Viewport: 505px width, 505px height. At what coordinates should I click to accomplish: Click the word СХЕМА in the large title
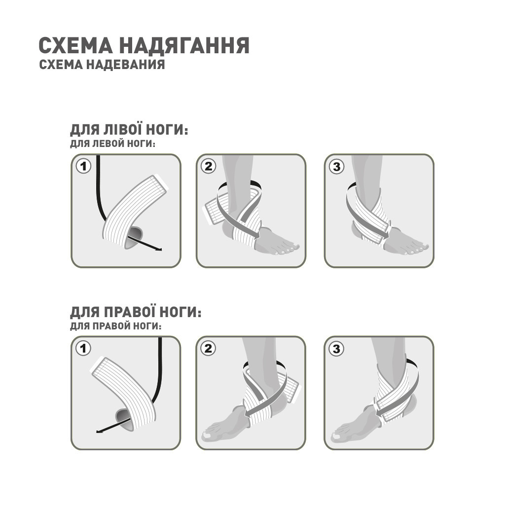click(75, 45)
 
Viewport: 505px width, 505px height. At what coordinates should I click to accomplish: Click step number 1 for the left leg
click(83, 166)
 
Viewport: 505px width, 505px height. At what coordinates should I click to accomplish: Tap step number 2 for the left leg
click(209, 166)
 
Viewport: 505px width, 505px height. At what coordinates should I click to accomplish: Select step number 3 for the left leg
click(336, 166)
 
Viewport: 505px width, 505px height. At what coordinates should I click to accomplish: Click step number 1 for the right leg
click(83, 349)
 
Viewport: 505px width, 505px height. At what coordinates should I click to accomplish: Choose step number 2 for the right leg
click(209, 349)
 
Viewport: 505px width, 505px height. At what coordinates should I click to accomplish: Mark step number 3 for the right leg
click(336, 349)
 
